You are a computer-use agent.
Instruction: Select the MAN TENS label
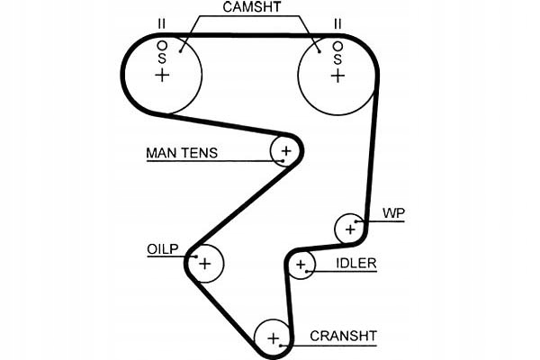[x=182, y=153]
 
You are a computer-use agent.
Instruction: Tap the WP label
[x=394, y=213]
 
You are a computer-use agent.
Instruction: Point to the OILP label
[x=163, y=248]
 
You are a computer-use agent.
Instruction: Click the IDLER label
[x=356, y=264]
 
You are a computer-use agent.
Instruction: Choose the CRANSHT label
[x=343, y=337]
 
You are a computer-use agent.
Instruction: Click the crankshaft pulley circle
[x=273, y=339]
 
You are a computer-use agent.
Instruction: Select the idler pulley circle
[x=301, y=265]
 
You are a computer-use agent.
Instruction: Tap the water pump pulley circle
[x=349, y=229]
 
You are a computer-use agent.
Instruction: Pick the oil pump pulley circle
[x=205, y=264]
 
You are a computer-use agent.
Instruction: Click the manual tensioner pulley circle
[x=285, y=150]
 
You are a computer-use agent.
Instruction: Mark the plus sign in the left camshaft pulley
[x=162, y=76]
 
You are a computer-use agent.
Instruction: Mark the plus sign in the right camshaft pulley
[x=337, y=76]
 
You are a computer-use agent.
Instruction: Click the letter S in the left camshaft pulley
[x=162, y=58]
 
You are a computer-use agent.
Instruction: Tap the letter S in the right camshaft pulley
[x=337, y=58]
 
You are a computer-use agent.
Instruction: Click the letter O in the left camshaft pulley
[x=162, y=44]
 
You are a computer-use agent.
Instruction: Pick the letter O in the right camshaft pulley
[x=337, y=44]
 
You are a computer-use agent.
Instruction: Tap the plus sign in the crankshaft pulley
[x=273, y=339]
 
